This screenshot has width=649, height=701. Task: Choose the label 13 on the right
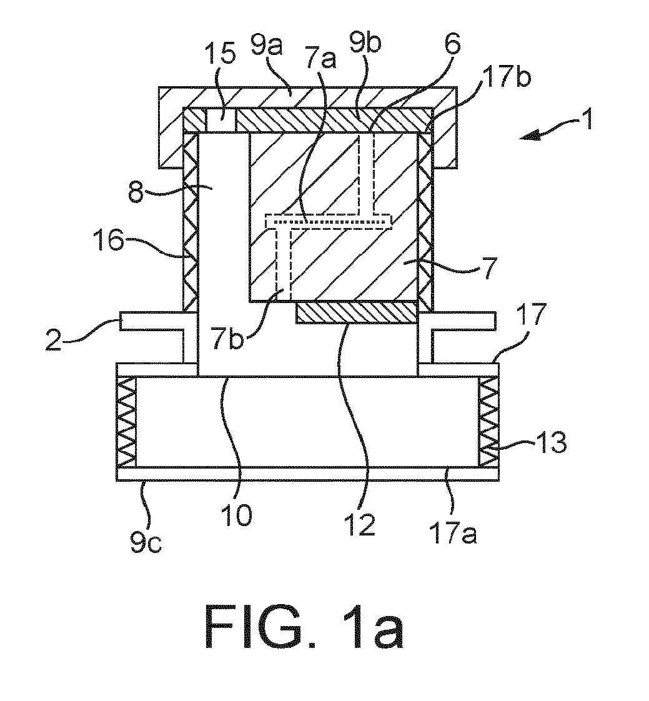[x=551, y=442]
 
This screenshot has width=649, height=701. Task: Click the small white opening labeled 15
[x=222, y=120]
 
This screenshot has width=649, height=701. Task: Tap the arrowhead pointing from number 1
[x=527, y=136]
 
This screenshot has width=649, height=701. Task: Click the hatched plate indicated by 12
[x=357, y=312]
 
